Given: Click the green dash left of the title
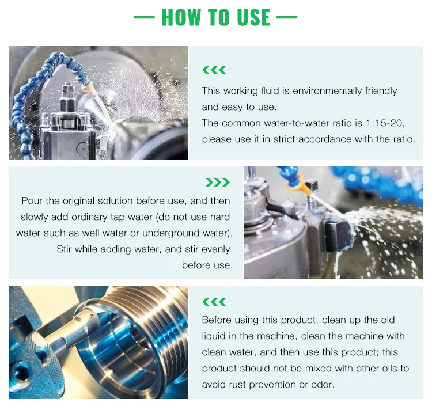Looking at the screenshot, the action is pyautogui.click(x=144, y=17).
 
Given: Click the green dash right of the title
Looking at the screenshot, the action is pyautogui.click(x=287, y=17).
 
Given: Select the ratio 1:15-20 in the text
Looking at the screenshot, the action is pyautogui.click(x=385, y=123).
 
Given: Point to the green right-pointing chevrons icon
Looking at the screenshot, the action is pyautogui.click(x=218, y=183).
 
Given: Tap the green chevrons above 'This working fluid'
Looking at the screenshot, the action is pyautogui.click(x=214, y=70).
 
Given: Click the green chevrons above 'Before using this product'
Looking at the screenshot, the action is pyautogui.click(x=214, y=302).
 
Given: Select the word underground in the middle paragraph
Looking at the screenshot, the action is pyautogui.click(x=170, y=233).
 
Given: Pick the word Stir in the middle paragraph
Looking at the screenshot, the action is pyautogui.click(x=64, y=249).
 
